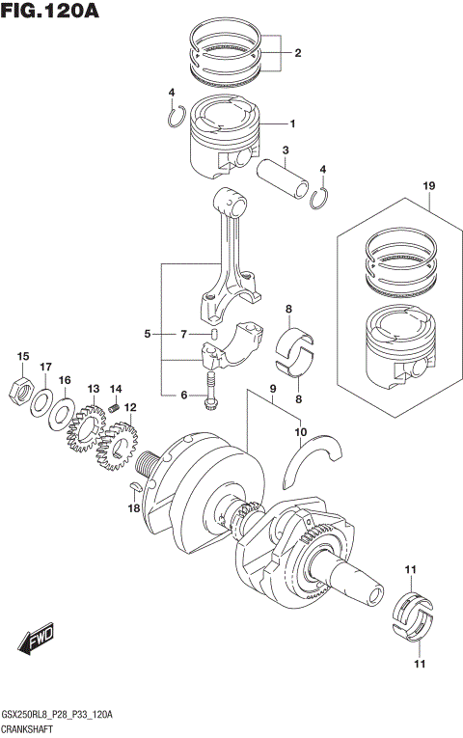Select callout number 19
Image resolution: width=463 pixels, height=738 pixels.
(428, 185)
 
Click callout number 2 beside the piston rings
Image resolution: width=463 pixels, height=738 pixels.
(297, 53)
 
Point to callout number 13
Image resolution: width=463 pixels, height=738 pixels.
(94, 389)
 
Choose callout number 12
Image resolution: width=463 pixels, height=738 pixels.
(129, 407)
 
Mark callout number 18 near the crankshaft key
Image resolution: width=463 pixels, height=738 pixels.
(135, 508)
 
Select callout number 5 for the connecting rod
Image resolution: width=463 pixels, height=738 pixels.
(148, 334)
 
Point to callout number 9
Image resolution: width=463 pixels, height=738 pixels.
(274, 391)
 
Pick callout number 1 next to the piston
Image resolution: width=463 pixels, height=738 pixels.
(292, 123)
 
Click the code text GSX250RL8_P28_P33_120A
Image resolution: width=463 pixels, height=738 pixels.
(58, 714)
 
